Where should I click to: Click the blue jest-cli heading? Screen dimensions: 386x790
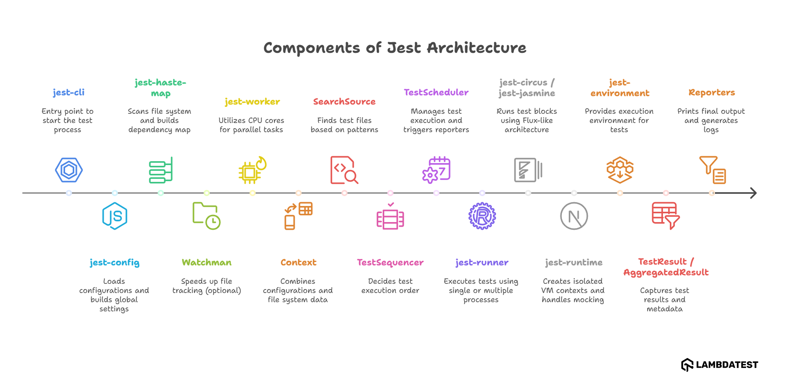click(69, 92)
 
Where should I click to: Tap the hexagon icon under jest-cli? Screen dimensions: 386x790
click(69, 170)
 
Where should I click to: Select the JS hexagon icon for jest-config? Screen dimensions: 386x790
click(114, 216)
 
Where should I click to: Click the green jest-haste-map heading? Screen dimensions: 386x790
click(160, 88)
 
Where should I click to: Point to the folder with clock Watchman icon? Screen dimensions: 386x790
click(206, 216)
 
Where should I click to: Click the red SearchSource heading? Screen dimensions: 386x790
click(344, 101)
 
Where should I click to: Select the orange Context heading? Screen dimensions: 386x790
click(298, 262)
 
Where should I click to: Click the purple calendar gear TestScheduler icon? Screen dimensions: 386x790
click(436, 170)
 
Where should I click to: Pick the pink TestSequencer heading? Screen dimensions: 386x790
click(390, 262)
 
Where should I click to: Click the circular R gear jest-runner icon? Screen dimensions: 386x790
click(482, 216)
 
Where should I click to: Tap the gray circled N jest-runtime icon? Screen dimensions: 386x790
click(574, 216)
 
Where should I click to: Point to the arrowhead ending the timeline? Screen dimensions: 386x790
click(753, 193)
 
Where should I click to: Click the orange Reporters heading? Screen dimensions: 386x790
click(712, 92)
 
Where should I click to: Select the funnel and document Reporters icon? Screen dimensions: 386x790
click(712, 170)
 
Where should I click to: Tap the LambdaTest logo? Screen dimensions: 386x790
click(719, 365)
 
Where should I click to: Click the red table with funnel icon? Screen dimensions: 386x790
click(666, 216)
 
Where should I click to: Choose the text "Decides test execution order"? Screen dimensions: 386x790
click(390, 286)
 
